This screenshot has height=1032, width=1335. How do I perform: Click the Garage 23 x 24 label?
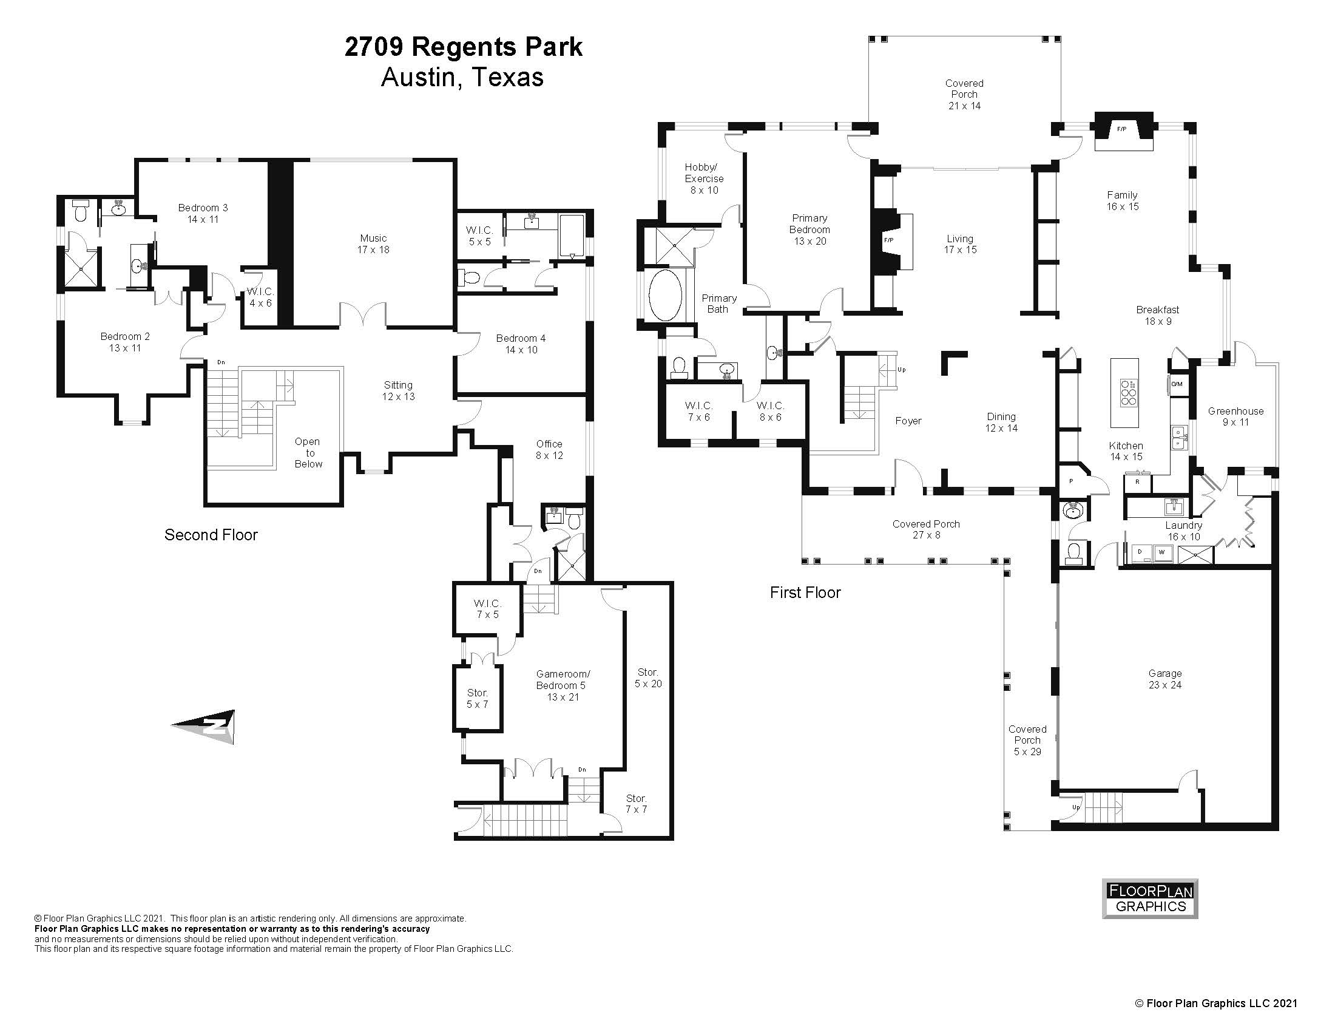(1164, 679)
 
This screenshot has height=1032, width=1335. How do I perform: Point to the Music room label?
(373, 243)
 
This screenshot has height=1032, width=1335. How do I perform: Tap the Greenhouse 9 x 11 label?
(1235, 416)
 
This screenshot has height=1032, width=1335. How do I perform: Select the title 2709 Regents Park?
(463, 47)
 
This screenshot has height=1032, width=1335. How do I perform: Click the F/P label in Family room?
(1121, 129)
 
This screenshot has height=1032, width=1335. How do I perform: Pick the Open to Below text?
(308, 452)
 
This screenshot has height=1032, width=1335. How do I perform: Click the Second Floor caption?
(211, 535)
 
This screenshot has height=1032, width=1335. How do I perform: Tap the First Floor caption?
(805, 592)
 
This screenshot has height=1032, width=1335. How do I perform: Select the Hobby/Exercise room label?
(704, 178)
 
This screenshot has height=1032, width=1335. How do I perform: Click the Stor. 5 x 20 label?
(648, 678)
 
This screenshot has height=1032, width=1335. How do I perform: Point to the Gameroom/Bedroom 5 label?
(563, 685)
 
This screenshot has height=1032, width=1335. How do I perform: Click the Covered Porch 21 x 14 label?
(964, 94)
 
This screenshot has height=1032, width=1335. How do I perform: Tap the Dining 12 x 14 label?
(1001, 423)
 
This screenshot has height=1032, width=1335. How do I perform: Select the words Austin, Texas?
(462, 78)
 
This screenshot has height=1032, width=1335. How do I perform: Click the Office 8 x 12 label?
(549, 449)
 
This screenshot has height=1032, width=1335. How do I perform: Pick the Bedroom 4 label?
(521, 344)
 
